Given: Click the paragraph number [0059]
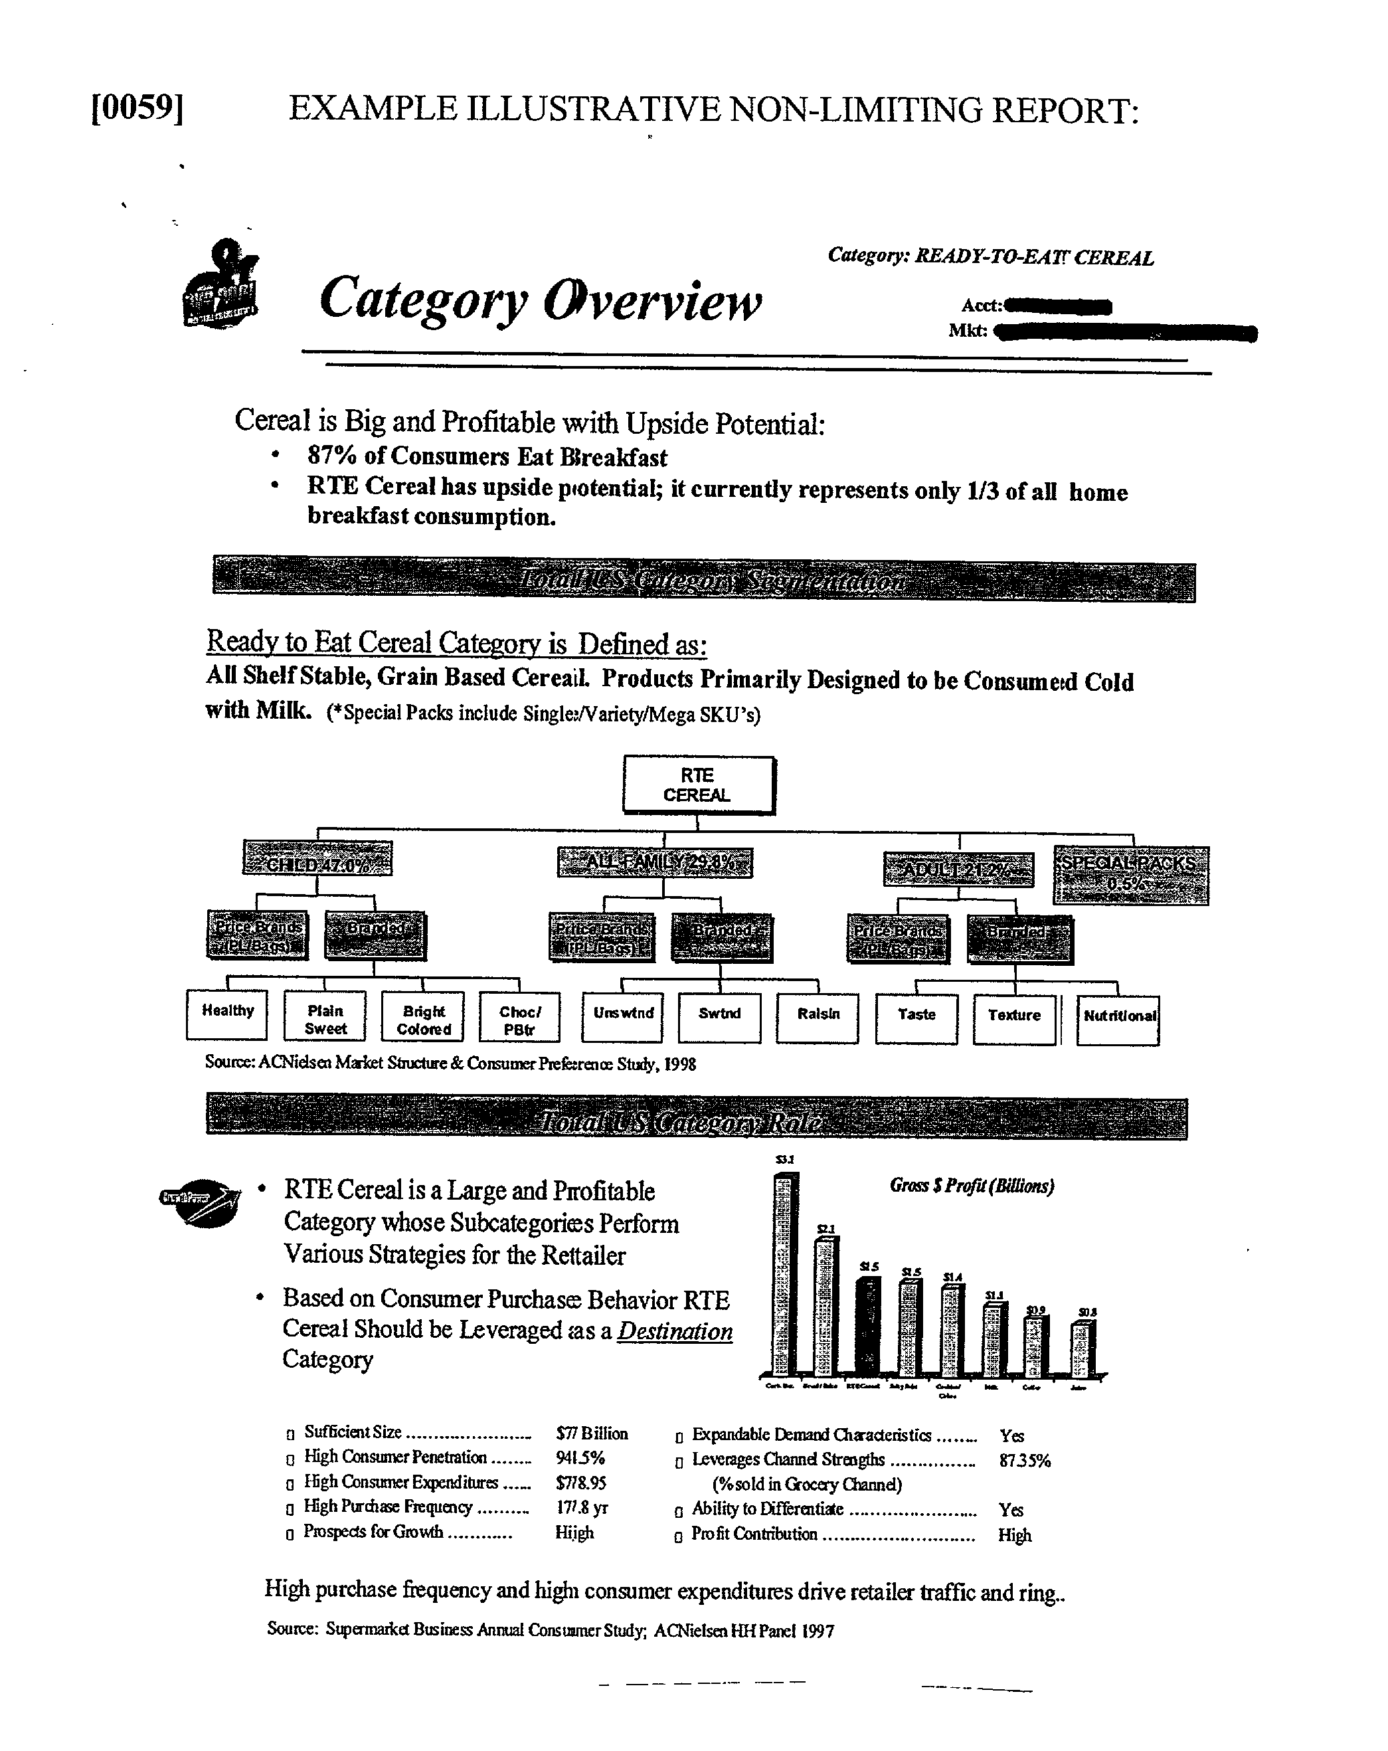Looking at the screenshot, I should (x=137, y=108).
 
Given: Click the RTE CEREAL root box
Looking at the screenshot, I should (x=698, y=785).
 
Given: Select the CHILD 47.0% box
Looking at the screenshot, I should (x=317, y=858).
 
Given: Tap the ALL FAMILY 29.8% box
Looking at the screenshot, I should (x=655, y=862).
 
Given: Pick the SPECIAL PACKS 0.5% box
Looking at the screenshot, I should (x=1130, y=875).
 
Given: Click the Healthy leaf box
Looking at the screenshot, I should (x=226, y=1014).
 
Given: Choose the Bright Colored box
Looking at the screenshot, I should (x=422, y=1016).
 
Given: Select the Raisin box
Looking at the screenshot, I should (x=817, y=1018).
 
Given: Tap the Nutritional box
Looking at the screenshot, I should (x=1118, y=1020).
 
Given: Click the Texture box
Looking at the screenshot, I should (x=1013, y=1019).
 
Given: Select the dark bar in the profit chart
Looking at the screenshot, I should (x=868, y=1327).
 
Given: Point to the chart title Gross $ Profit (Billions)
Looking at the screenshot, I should (x=972, y=1186).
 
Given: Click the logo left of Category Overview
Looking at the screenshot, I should (x=219, y=285).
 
